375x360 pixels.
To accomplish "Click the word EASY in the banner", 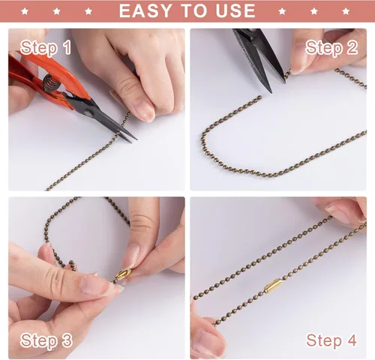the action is [x=145, y=11].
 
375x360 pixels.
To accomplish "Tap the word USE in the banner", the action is [x=235, y=11].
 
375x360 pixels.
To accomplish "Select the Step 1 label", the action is [x=46, y=48].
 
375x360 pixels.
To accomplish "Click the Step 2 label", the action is [x=331, y=48].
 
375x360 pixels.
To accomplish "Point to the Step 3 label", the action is [x=46, y=340].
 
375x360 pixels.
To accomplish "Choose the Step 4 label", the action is [x=331, y=340].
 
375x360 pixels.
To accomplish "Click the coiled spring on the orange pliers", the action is [x=51, y=83].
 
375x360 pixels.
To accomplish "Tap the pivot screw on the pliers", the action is [x=88, y=114].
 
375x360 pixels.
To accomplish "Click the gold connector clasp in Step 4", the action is [x=273, y=286].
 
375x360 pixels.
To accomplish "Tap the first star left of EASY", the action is [x=88, y=11].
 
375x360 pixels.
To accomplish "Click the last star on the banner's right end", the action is [x=346, y=11].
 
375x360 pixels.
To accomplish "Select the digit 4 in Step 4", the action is [x=351, y=340].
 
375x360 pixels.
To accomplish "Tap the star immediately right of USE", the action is [x=282, y=11].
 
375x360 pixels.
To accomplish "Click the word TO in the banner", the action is [x=193, y=11].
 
